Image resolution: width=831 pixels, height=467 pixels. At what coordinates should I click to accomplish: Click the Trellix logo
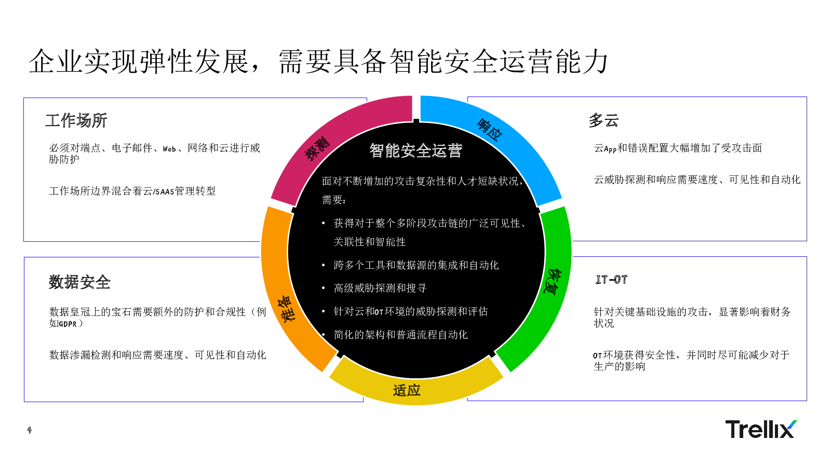(761, 429)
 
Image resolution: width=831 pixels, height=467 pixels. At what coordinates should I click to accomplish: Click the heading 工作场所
(76, 120)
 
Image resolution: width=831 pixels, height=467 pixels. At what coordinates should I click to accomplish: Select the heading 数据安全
(79, 282)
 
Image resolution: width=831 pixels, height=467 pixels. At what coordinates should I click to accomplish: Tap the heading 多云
(604, 120)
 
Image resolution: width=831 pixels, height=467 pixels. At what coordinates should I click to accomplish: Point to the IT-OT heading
(611, 280)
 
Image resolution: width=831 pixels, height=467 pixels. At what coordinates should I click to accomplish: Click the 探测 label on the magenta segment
(317, 148)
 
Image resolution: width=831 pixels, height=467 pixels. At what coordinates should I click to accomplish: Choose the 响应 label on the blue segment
(490, 130)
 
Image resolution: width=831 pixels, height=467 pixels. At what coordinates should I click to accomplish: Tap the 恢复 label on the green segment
(553, 281)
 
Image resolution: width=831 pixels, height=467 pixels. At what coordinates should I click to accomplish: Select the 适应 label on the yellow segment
(407, 390)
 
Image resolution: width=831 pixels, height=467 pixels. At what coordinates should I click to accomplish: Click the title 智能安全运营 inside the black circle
(416, 150)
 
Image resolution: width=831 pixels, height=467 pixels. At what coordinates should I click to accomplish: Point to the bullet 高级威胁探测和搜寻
(380, 288)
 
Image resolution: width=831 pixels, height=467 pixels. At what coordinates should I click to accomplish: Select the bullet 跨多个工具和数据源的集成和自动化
(416, 265)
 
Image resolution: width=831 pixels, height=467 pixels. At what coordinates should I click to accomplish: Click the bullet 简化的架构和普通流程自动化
(400, 335)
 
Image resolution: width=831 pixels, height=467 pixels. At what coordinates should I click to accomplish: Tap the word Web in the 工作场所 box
(169, 149)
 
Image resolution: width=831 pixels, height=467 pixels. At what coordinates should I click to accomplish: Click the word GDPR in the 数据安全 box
(68, 324)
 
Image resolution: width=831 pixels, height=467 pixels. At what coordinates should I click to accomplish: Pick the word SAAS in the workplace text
(164, 191)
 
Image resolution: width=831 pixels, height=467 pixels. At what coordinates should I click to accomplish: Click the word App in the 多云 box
(610, 149)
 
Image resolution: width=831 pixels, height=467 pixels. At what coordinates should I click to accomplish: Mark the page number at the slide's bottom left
(30, 430)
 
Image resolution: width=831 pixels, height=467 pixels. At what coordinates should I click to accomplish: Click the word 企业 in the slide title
(55, 62)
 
